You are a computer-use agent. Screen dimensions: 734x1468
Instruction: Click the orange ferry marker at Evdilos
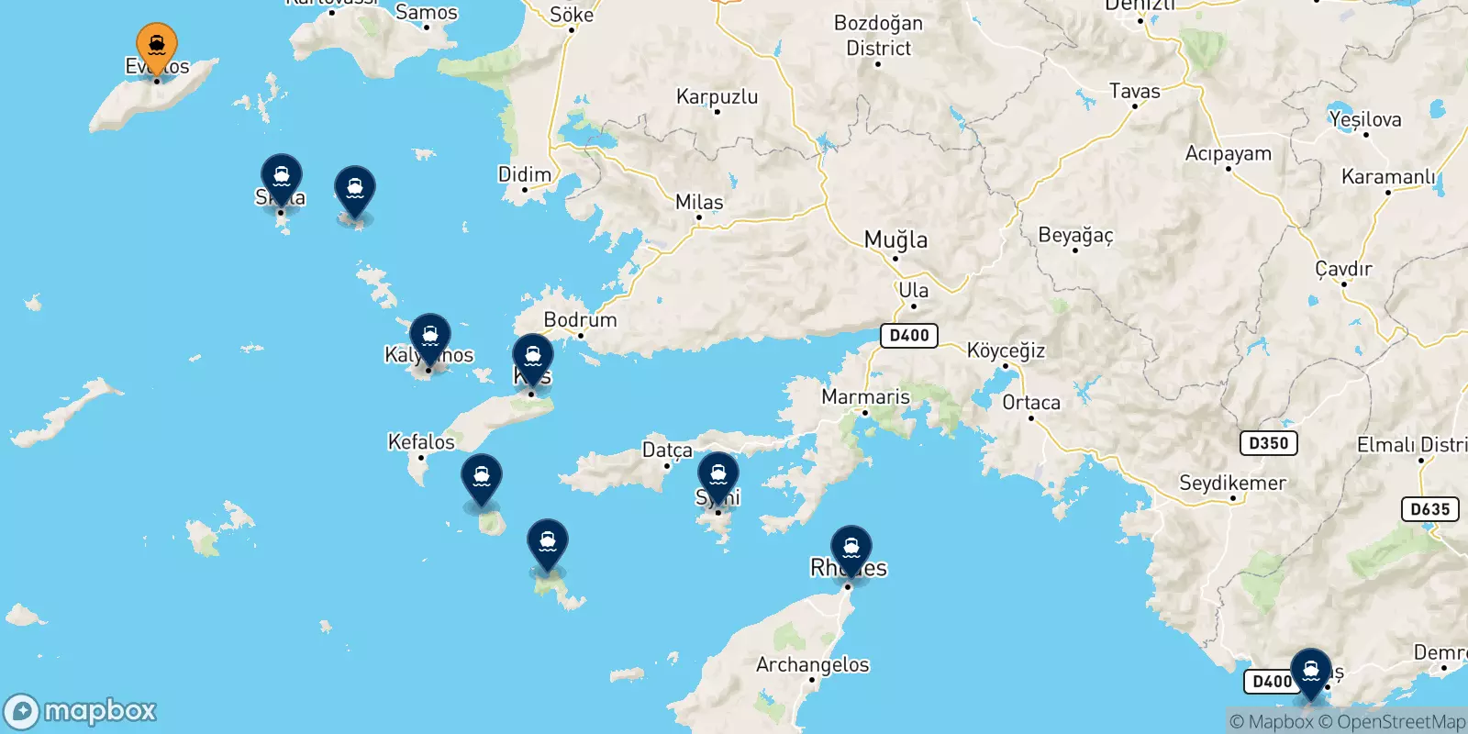pyautogui.click(x=157, y=45)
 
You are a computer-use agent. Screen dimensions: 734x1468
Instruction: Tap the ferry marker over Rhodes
pyautogui.click(x=851, y=548)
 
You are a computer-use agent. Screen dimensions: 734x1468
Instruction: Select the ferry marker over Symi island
pyautogui.click(x=718, y=475)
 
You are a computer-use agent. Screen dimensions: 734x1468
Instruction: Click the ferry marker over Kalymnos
pyautogui.click(x=429, y=337)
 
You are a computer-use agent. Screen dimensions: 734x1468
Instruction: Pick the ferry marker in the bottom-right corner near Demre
pyautogui.click(x=1310, y=671)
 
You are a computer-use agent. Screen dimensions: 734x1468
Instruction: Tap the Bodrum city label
pyautogui.click(x=580, y=319)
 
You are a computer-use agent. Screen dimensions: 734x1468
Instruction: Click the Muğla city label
pyautogui.click(x=895, y=240)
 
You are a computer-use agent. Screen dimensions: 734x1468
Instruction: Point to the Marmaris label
pyautogui.click(x=865, y=396)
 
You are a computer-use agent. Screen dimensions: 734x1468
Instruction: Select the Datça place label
pyautogui.click(x=667, y=450)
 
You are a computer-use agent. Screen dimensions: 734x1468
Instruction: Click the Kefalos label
pyautogui.click(x=421, y=441)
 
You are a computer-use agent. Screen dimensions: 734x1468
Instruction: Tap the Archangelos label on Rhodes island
pyautogui.click(x=812, y=664)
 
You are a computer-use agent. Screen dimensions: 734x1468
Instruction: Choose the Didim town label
pyautogui.click(x=525, y=174)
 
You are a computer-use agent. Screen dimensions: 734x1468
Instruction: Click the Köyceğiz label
pyautogui.click(x=1006, y=350)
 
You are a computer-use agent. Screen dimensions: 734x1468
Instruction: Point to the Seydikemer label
pyautogui.click(x=1232, y=483)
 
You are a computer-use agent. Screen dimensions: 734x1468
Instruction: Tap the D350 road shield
pyautogui.click(x=1269, y=443)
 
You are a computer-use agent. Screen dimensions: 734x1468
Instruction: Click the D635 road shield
pyautogui.click(x=1430, y=509)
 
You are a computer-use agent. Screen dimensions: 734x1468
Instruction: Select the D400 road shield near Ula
pyautogui.click(x=909, y=335)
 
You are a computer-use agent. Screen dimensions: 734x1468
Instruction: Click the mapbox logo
pyautogui.click(x=81, y=711)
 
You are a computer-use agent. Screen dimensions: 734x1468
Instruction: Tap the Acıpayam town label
pyautogui.click(x=1228, y=153)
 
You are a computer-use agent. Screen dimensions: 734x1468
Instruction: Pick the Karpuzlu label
pyautogui.click(x=717, y=96)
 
